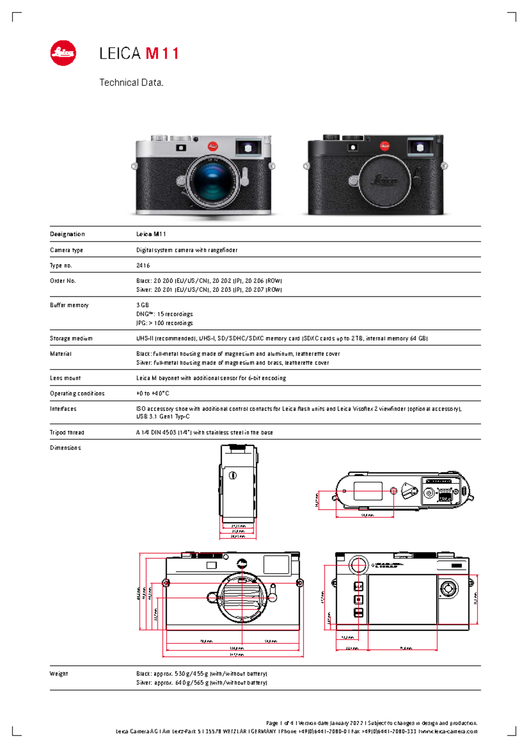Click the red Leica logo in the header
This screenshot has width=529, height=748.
[x=63, y=53]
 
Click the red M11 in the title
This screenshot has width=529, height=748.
[x=162, y=54]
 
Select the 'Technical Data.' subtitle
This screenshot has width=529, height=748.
[x=131, y=82]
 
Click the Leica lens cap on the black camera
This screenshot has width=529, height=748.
[x=384, y=180]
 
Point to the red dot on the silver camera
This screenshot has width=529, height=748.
[x=213, y=146]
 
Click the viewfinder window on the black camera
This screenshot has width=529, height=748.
[x=420, y=147]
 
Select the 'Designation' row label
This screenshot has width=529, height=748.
[x=67, y=234]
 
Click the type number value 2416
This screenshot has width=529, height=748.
[x=143, y=266]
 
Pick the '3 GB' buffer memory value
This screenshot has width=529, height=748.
[x=142, y=305]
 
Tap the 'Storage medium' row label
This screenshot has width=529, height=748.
[x=71, y=339]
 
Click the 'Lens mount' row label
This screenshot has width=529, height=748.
[x=65, y=378]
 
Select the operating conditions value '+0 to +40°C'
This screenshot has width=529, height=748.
[x=153, y=393]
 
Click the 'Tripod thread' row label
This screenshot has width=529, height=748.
[x=67, y=433]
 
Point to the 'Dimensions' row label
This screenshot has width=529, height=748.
[x=65, y=448]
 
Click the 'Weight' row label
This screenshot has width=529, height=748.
[x=59, y=674]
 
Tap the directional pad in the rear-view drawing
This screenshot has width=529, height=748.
[x=449, y=588]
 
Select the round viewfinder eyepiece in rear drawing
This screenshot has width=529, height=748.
[x=358, y=565]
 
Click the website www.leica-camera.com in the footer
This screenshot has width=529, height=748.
[x=449, y=732]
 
